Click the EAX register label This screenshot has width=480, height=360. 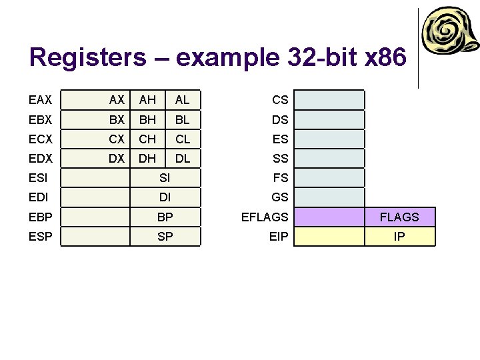pyautogui.click(x=40, y=100)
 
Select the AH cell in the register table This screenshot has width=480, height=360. pyautogui.click(x=147, y=100)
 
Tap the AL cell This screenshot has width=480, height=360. pyautogui.click(x=182, y=100)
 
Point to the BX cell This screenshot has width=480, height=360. pyautogui.click(x=117, y=120)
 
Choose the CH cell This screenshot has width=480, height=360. pyautogui.click(x=147, y=139)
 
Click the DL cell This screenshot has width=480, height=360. pyautogui.click(x=182, y=159)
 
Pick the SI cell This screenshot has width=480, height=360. pyautogui.click(x=165, y=178)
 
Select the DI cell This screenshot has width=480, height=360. pyautogui.click(x=165, y=197)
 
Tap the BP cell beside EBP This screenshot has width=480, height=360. pyautogui.click(x=165, y=217)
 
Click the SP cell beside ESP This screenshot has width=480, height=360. pyautogui.click(x=165, y=236)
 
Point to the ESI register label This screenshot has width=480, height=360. pyautogui.click(x=39, y=178)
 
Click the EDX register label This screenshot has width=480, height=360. pyautogui.click(x=40, y=159)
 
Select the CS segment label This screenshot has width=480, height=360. pyautogui.click(x=280, y=100)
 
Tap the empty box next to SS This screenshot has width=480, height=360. pyautogui.click(x=329, y=159)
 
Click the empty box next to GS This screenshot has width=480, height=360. pyautogui.click(x=329, y=197)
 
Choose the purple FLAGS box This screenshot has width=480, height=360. pyautogui.click(x=399, y=217)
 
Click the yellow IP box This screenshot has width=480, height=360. pyautogui.click(x=399, y=236)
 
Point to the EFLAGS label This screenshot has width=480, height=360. pyautogui.click(x=265, y=217)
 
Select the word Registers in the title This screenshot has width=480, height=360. pyautogui.click(x=87, y=57)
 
